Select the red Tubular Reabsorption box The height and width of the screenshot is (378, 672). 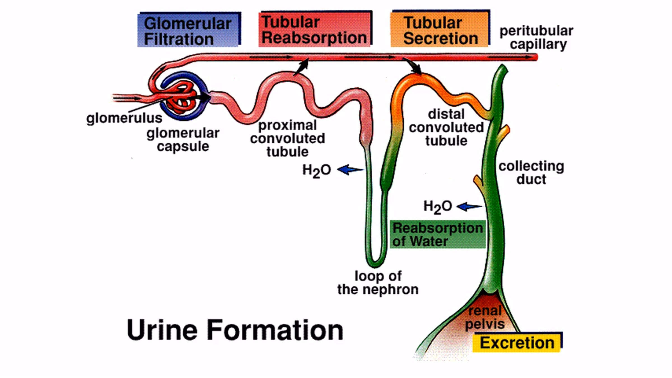(x=315, y=29)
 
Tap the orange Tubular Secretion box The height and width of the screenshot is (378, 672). (x=440, y=29)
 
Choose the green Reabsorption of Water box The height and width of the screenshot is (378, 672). (x=437, y=235)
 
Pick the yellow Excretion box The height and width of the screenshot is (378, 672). (x=517, y=342)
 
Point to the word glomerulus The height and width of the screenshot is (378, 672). (x=124, y=118)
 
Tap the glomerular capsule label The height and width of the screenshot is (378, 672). (x=183, y=139)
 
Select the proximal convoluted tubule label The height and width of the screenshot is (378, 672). (x=288, y=138)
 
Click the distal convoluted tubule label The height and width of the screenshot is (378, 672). (x=446, y=127)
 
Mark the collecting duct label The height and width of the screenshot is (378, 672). (x=531, y=172)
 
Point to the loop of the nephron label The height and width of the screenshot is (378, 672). (x=378, y=283)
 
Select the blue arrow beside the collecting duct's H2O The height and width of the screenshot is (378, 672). (x=469, y=207)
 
